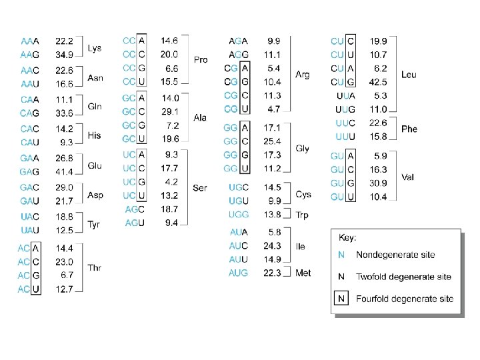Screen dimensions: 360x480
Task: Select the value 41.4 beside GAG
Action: click(64, 172)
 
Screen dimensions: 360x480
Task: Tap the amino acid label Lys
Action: click(95, 48)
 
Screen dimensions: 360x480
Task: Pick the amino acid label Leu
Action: click(409, 75)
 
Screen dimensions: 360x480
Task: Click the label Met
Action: click(303, 273)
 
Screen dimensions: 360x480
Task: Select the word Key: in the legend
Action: click(348, 237)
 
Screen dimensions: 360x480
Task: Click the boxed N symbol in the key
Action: click(341, 298)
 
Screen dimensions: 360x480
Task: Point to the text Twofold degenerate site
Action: click(403, 276)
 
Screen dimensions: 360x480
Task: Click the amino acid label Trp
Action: click(303, 215)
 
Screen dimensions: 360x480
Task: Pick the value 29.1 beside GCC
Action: click(169, 111)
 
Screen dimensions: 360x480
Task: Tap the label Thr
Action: click(95, 268)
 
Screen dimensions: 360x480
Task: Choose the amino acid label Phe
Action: click(409, 129)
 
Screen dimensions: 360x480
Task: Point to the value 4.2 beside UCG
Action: click(171, 181)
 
